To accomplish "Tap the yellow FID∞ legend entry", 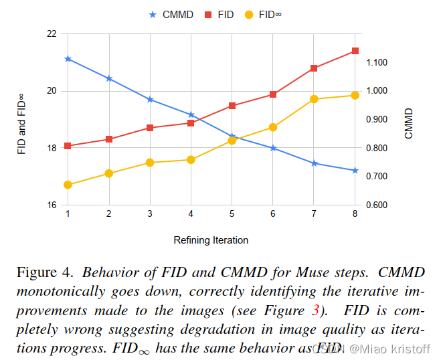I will click(x=263, y=14).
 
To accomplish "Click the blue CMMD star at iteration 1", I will click(x=68, y=59).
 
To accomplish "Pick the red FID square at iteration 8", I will click(x=355, y=51).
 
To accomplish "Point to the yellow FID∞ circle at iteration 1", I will click(x=68, y=185).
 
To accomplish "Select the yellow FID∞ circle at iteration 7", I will click(x=314, y=99).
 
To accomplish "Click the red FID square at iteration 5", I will click(x=232, y=106).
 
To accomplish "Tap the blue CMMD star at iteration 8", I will click(x=355, y=171).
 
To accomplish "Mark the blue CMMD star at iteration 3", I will click(x=150, y=100).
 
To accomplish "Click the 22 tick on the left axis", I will click(x=52, y=33).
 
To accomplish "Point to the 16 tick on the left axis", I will click(x=52, y=205).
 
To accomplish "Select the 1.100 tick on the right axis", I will click(x=377, y=62).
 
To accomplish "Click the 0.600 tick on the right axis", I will click(x=377, y=205).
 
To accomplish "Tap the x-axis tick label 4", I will click(x=191, y=213).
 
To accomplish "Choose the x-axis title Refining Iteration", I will click(x=211, y=240).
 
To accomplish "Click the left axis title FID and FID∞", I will click(x=21, y=124).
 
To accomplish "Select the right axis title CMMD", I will click(x=409, y=124).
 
